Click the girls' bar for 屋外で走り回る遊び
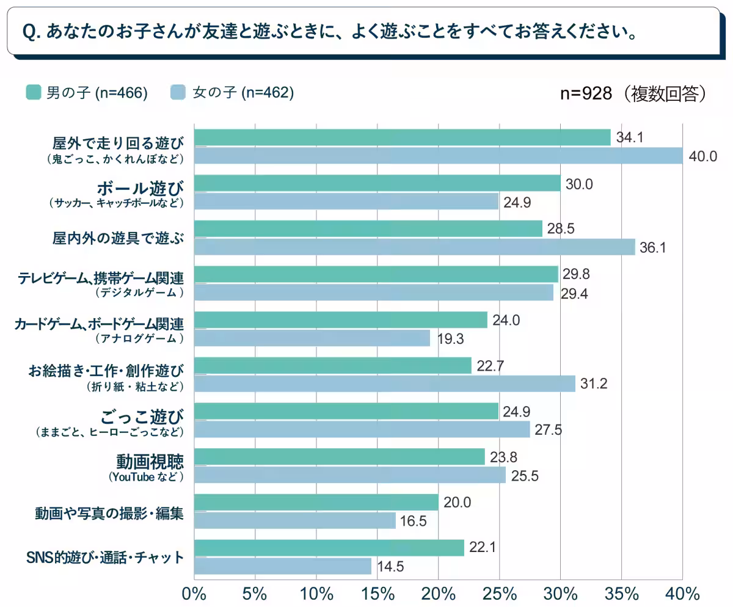[x=438, y=156]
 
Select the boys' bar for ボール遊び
[x=377, y=183]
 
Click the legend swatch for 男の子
[x=33, y=92]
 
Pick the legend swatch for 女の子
[x=178, y=92]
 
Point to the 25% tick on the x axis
[x=499, y=593]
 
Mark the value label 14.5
[x=389, y=566]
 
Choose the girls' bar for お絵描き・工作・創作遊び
[x=385, y=383]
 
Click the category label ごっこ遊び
[x=141, y=417]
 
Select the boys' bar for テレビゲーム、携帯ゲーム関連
[x=376, y=274]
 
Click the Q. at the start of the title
[x=30, y=31]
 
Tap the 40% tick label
[x=682, y=593]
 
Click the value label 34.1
[x=630, y=138]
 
